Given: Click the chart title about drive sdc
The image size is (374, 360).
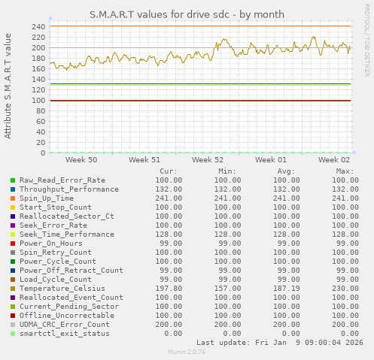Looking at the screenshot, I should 187,14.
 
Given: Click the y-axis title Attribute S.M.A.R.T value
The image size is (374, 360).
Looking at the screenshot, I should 8,86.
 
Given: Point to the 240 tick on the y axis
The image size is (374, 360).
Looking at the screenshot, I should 38,26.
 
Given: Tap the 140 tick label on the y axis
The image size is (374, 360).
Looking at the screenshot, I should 38,79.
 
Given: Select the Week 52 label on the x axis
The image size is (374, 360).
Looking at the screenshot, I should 207,160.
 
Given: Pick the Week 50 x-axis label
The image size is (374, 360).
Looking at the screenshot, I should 81,160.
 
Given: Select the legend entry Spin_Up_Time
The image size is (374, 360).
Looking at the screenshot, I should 51,198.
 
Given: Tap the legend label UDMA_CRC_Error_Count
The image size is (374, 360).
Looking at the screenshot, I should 64,324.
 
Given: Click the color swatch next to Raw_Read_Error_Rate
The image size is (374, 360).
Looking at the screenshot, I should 13,180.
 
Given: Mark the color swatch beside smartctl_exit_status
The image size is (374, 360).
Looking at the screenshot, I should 13,334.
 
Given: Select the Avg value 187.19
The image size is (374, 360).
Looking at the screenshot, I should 281,288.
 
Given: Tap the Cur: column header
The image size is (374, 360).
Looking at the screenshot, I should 169,171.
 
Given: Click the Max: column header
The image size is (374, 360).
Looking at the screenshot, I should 345,171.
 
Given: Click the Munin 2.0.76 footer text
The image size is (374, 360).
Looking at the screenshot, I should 187,352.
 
